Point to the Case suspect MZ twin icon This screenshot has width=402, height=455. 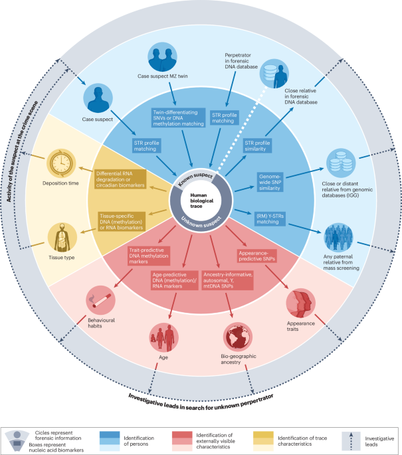(x=161, y=57)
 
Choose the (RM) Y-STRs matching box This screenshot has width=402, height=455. (x=271, y=218)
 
